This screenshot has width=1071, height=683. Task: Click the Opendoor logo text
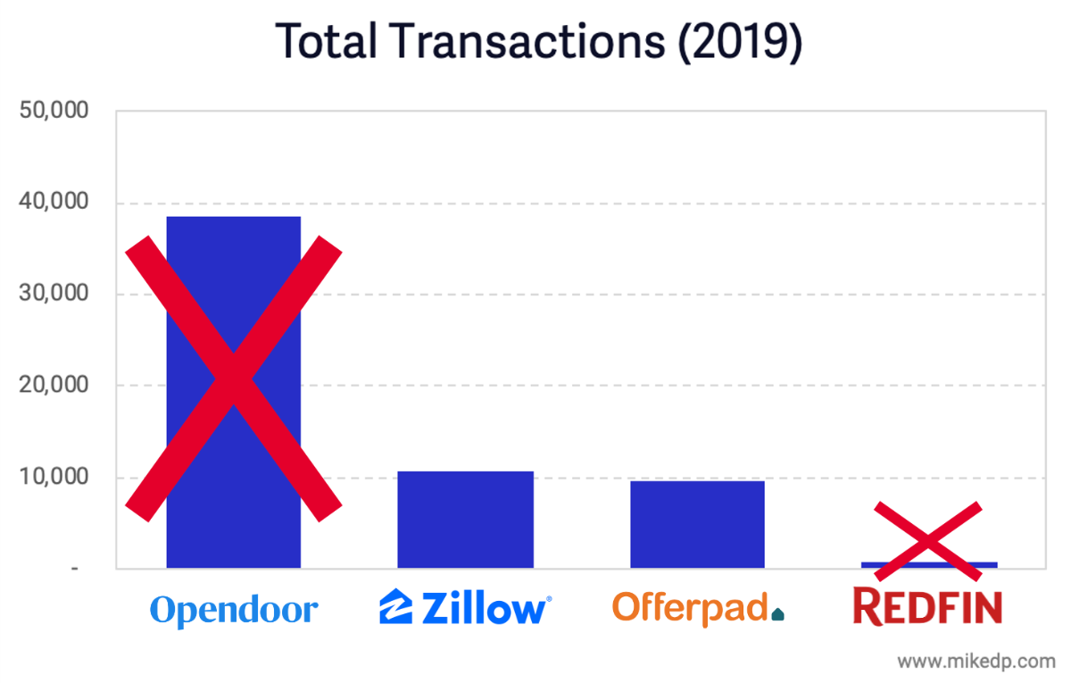tap(234, 611)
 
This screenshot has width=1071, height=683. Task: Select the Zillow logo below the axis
tap(465, 608)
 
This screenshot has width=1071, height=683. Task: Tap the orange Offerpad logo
tap(697, 608)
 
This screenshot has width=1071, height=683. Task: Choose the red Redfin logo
tap(928, 607)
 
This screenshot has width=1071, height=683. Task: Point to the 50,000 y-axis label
tap(54, 112)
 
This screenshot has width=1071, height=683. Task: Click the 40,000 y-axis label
tap(54, 203)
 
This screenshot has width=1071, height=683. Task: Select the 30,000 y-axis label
tap(54, 294)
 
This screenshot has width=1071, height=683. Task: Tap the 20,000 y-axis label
tap(54, 386)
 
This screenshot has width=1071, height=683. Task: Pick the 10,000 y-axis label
tap(54, 477)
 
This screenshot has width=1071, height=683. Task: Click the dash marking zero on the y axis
tap(76, 569)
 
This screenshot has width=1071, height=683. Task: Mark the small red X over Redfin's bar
tap(928, 540)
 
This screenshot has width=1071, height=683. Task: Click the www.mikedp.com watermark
tap(976, 662)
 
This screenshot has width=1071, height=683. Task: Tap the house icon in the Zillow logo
tap(394, 606)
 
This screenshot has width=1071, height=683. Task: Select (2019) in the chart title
tap(739, 41)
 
